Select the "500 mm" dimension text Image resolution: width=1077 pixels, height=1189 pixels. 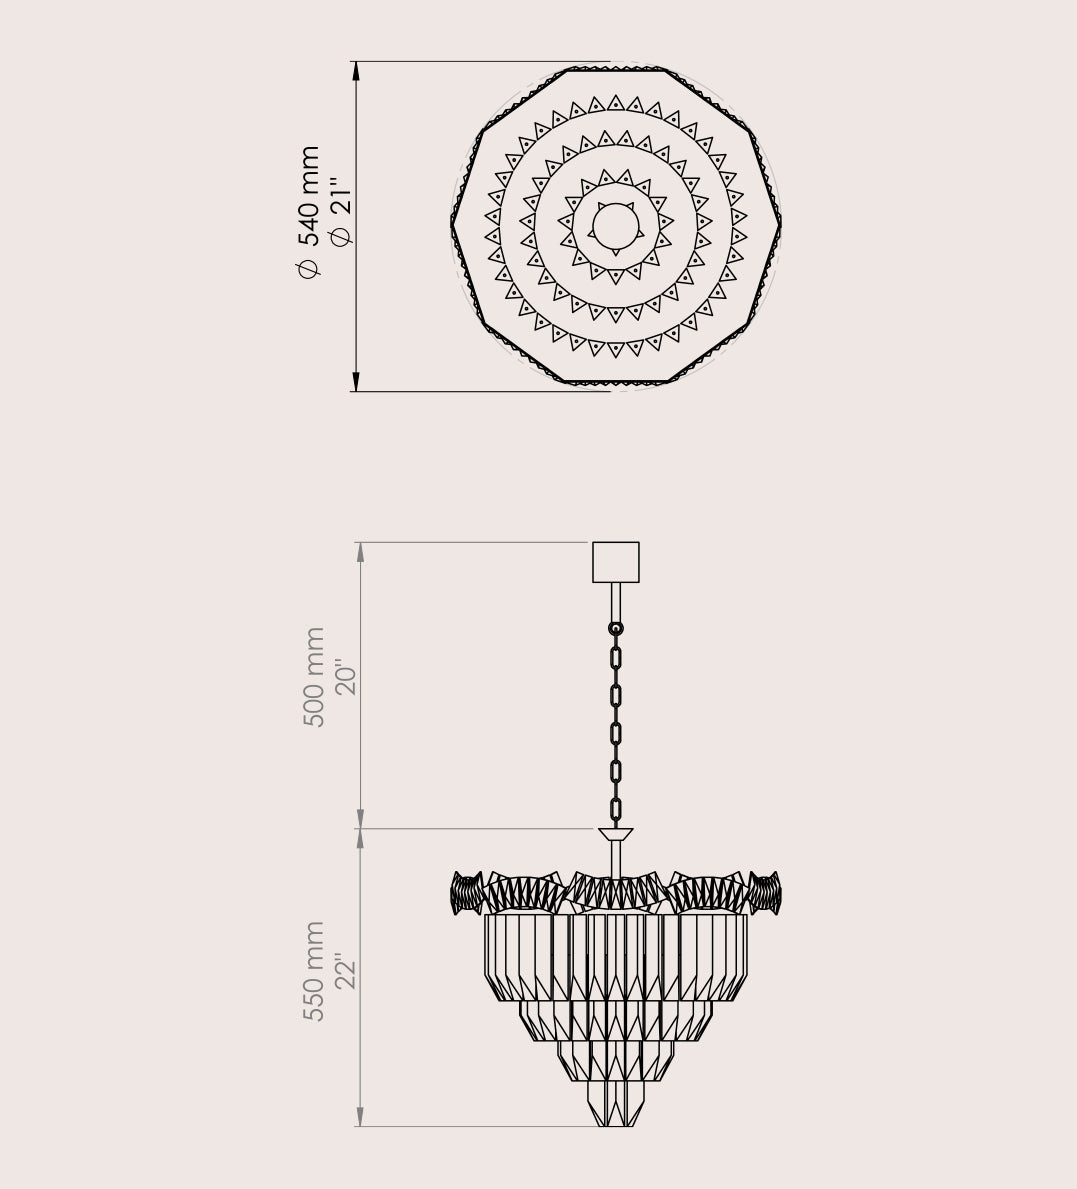[x=313, y=677]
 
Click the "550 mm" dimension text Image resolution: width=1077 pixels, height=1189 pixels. [x=313, y=971]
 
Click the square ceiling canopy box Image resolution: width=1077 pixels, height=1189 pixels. [x=615, y=562]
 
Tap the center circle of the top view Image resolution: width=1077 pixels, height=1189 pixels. [x=616, y=227]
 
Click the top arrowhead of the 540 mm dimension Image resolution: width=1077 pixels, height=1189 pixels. [x=356, y=71]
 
